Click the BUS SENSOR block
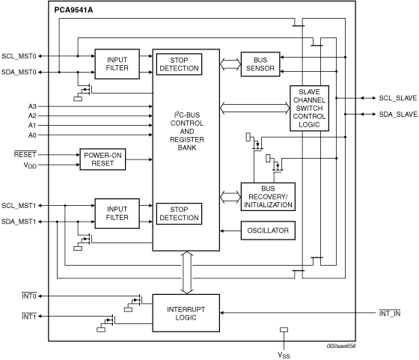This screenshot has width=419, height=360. point(260,64)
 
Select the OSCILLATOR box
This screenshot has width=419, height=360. point(268,231)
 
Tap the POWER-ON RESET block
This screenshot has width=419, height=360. point(103,159)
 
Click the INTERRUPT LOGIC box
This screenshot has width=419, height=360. point(186,314)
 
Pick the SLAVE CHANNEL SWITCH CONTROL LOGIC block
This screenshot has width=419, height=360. point(309,109)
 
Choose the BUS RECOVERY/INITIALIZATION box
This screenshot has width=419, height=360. point(268,197)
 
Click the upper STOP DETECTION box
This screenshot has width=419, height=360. point(179,64)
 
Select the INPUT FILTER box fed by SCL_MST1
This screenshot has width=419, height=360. point(117,213)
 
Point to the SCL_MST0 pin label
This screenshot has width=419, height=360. point(19,56)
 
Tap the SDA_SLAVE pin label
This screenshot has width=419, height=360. point(398,115)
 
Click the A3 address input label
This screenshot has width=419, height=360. point(32,106)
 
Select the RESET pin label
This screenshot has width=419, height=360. point(25,154)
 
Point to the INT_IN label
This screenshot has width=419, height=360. point(390,314)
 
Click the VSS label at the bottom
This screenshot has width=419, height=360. point(284,356)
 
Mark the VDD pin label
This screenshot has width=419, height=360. point(30,165)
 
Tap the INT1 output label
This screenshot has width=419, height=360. point(29,317)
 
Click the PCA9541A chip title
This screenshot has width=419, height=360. point(73,10)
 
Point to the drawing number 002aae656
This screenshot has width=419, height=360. point(341,346)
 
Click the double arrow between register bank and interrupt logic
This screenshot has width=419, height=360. point(187,272)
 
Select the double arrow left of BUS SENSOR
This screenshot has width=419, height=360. point(230,64)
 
